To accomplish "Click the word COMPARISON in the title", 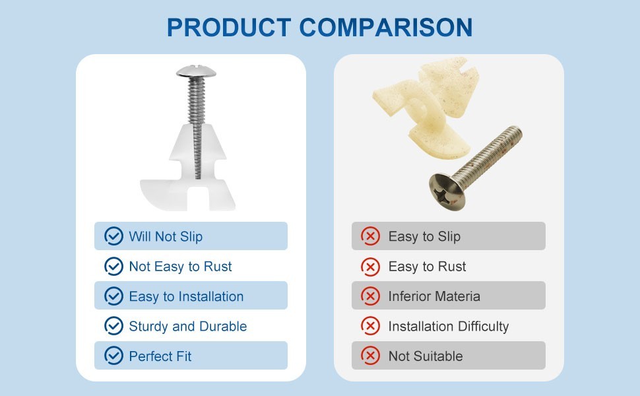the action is pyautogui.click(x=386, y=27).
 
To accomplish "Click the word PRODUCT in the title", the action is pyautogui.click(x=229, y=27).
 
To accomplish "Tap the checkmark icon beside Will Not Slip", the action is pyautogui.click(x=113, y=236).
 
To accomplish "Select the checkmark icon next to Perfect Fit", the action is pyautogui.click(x=113, y=356).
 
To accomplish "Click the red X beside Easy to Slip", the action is pyautogui.click(x=370, y=236).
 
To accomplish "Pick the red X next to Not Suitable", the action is pyautogui.click(x=370, y=356).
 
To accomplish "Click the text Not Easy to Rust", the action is pyautogui.click(x=180, y=267).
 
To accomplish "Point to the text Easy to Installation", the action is pyautogui.click(x=186, y=296).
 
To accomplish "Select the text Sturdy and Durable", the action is pyautogui.click(x=188, y=326).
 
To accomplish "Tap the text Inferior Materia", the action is pyautogui.click(x=434, y=296).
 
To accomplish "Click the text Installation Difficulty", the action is pyautogui.click(x=449, y=326).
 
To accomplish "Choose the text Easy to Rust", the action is pyautogui.click(x=427, y=267).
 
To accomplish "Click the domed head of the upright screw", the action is pyautogui.click(x=196, y=71).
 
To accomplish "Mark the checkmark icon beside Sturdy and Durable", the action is pyautogui.click(x=113, y=326).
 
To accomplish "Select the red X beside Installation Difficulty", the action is pyautogui.click(x=370, y=326).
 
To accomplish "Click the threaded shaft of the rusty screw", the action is pyautogui.click(x=488, y=157).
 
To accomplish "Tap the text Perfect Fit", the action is pyautogui.click(x=160, y=356).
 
